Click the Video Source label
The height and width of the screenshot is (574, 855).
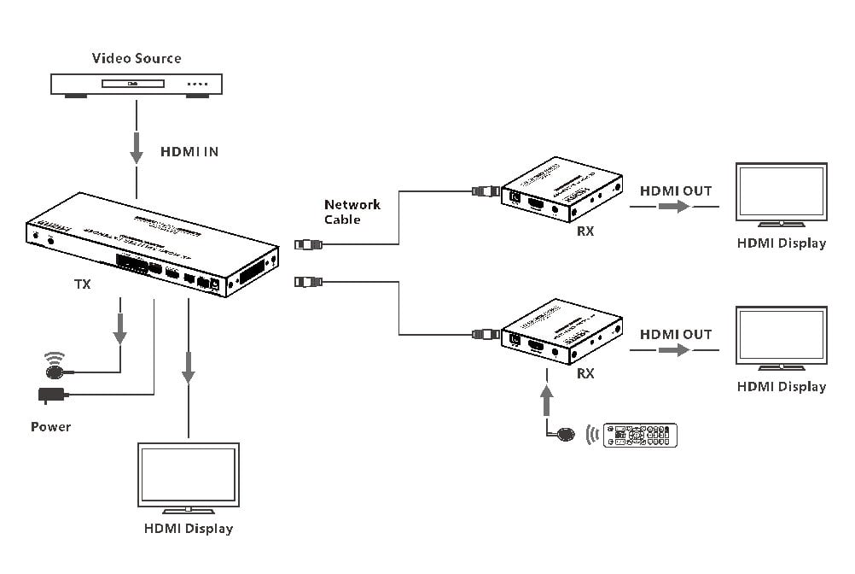coord(137,58)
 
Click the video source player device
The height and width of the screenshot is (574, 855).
coord(137,84)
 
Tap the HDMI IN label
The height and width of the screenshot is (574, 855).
coord(189,152)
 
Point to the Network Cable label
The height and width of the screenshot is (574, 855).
coord(352,212)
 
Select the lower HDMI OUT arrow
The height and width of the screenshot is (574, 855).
coord(675,349)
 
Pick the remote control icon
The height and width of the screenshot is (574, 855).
coord(640,435)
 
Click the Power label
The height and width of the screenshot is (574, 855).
coord(51,426)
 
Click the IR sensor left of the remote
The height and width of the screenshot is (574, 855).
coord(565,433)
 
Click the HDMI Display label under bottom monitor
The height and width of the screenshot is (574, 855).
coord(188,529)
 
